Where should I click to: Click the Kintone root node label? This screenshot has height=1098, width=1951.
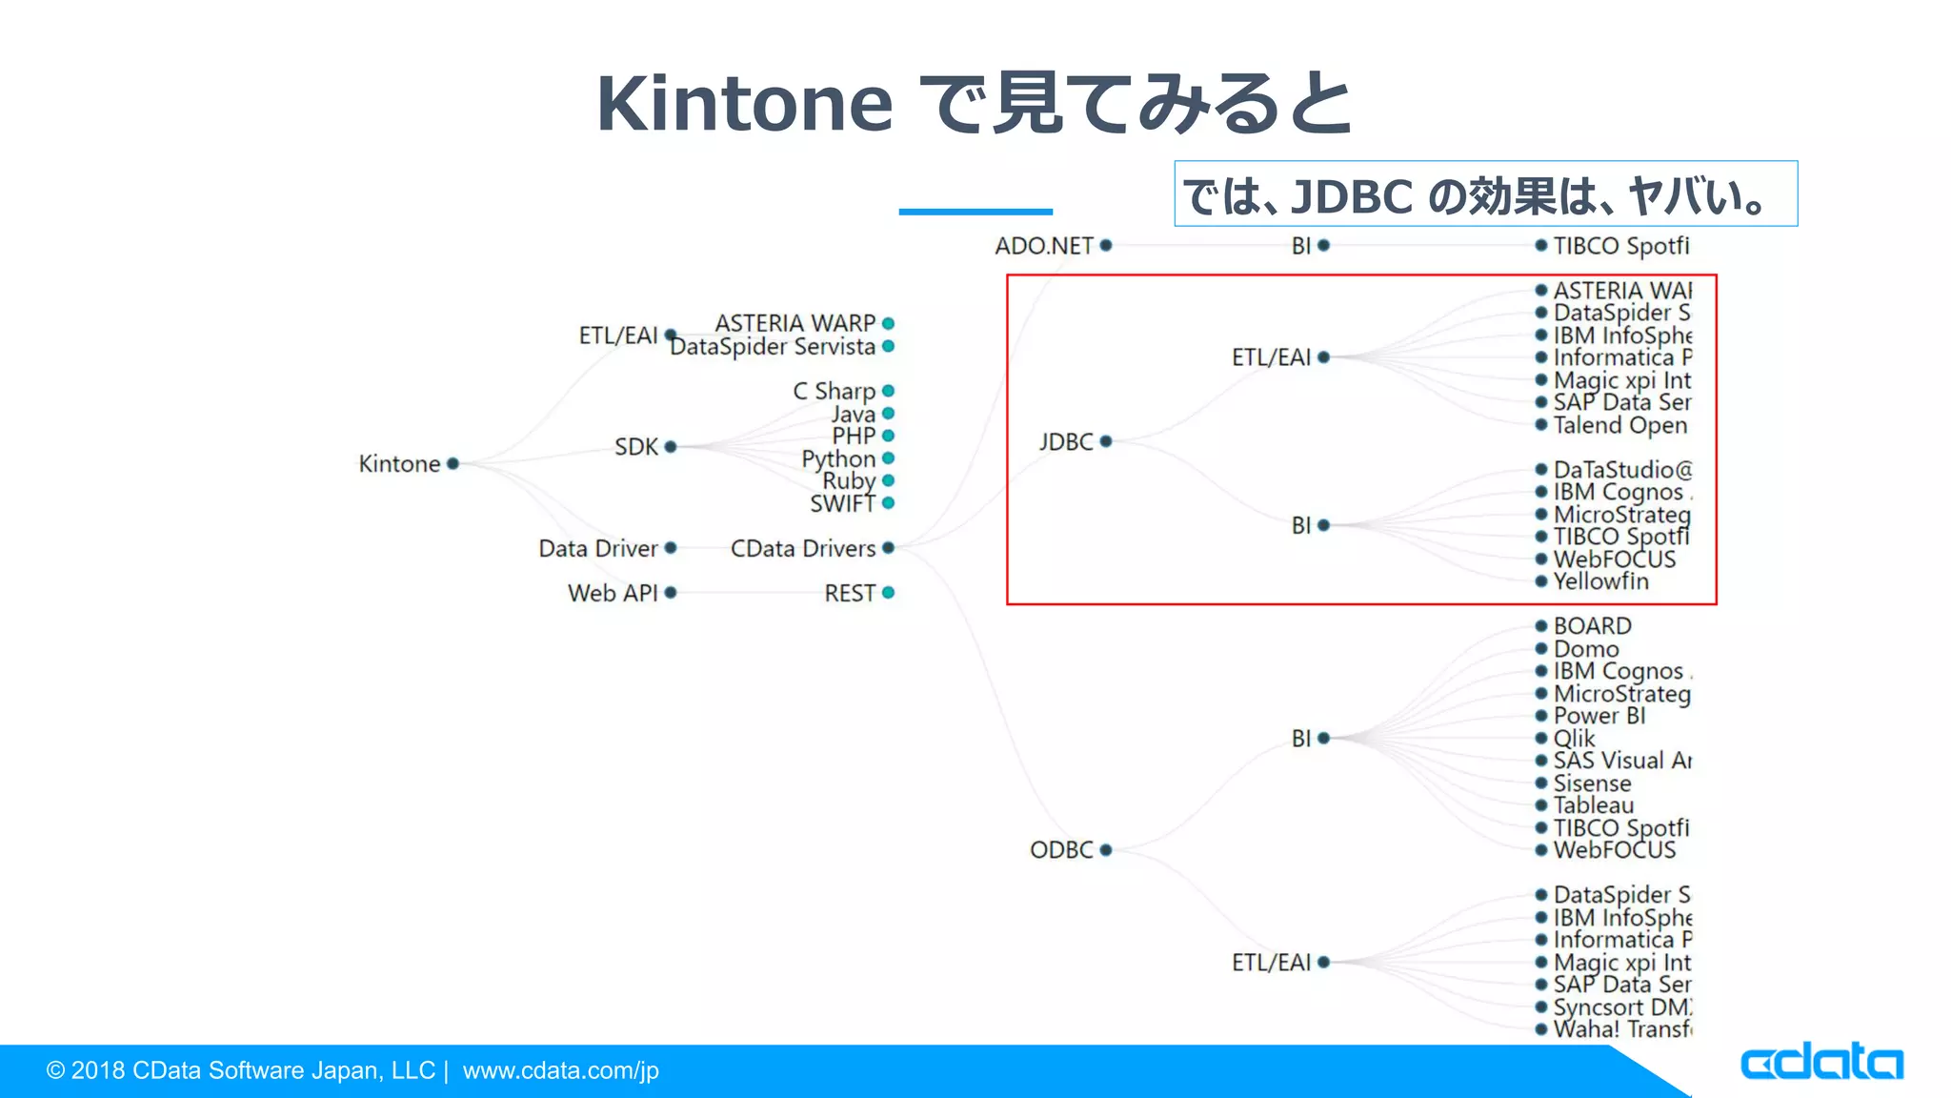(399, 464)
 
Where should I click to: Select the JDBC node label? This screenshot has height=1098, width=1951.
(1066, 442)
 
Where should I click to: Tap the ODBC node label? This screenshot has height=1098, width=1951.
(1061, 850)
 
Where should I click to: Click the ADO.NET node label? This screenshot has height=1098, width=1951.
(1044, 246)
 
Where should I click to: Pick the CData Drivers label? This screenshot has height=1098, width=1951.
(802, 549)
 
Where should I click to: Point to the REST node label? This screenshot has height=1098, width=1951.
(849, 594)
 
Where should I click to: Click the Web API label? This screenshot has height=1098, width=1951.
(613, 594)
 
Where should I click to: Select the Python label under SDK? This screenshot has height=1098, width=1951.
(838, 459)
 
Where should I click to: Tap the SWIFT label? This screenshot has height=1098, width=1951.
(842, 504)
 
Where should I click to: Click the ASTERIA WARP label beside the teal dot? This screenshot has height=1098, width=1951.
(794, 324)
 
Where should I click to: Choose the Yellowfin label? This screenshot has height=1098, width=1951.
(1600, 581)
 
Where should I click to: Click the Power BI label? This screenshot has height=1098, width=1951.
(1599, 716)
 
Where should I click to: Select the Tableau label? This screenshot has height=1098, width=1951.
(1594, 805)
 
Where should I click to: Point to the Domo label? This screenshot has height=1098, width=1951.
(1586, 649)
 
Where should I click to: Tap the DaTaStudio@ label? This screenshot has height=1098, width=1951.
(1622, 470)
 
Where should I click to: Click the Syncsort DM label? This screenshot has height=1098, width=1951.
(1621, 1007)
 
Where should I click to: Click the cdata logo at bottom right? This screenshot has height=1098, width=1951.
(1820, 1063)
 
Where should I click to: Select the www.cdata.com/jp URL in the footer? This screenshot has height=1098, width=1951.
(560, 1071)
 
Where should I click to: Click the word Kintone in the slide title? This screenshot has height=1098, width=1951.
(744, 104)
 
